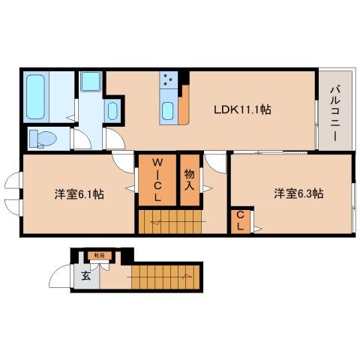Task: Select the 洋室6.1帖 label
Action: pyautogui.click(x=79, y=194)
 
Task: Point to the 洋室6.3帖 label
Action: pyautogui.click(x=298, y=193)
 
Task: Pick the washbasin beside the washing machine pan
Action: pyautogui.click(x=112, y=112)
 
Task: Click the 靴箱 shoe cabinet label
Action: pyautogui.click(x=99, y=256)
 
